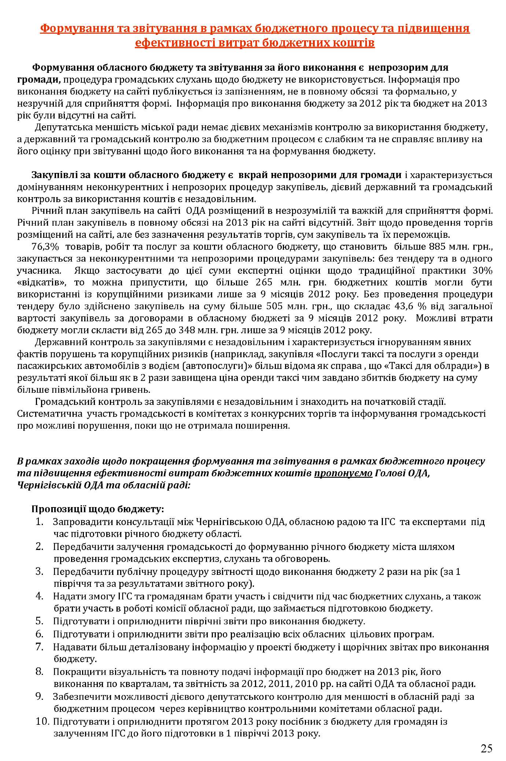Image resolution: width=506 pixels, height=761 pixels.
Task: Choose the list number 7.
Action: tap(40, 647)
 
